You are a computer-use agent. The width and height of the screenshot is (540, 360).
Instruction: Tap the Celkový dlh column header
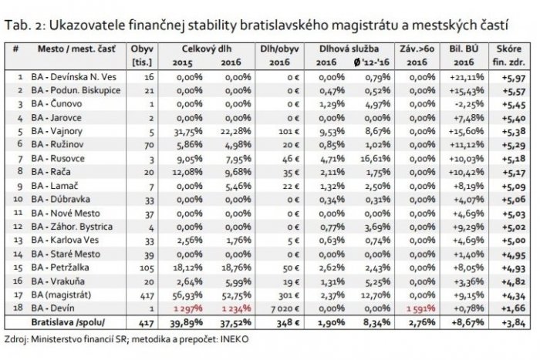pyautogui.click(x=201, y=48)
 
